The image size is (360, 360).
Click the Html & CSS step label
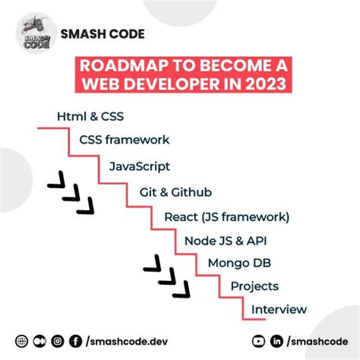click(x=90, y=116)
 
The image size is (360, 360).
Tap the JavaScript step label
click(x=139, y=166)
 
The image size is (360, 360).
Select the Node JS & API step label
click(x=225, y=241)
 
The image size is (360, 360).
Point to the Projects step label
click(x=254, y=286)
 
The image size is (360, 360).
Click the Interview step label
click(x=279, y=309)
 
